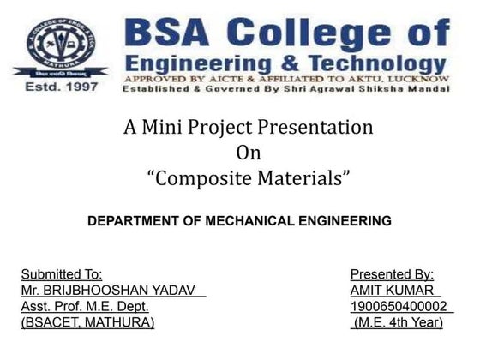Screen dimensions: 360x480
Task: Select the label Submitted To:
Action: tap(61, 274)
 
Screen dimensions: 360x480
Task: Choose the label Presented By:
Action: tap(392, 274)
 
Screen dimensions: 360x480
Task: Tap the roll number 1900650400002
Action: tap(399, 306)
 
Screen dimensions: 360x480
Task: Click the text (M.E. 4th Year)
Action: tap(399, 322)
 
